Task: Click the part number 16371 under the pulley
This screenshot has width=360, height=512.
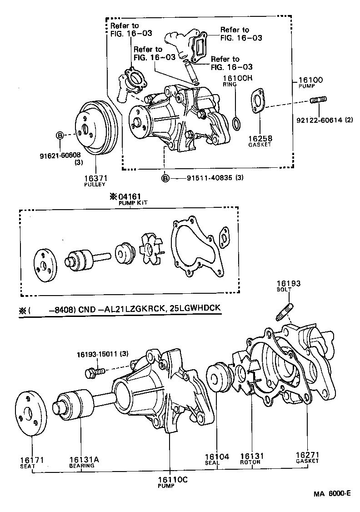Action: point(95,178)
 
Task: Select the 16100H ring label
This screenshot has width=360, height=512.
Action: point(237,78)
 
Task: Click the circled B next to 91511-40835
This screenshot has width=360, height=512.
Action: point(166,178)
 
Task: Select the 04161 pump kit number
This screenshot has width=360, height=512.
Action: point(130,197)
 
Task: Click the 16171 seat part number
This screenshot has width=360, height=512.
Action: point(32,459)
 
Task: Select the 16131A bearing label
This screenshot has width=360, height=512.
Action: point(84,459)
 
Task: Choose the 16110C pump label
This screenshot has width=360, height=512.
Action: point(169,479)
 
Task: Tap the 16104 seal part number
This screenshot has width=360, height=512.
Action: point(217,456)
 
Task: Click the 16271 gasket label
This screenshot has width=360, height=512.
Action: point(307,455)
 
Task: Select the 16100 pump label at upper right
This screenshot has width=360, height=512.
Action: point(310,80)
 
